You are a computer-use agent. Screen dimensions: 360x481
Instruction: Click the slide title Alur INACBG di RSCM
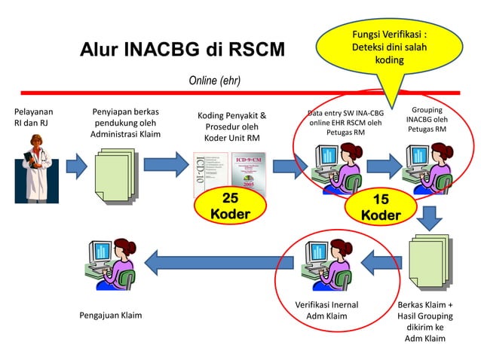point(182,51)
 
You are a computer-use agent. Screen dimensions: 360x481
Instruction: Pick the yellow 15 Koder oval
point(381,207)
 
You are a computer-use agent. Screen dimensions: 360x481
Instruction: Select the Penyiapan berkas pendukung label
point(124,123)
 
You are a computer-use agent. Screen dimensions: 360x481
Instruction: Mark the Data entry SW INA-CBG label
point(345,123)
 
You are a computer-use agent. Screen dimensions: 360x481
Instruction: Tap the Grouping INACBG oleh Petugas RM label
point(427,120)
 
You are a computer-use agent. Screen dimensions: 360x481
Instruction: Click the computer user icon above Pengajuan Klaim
point(111,264)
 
